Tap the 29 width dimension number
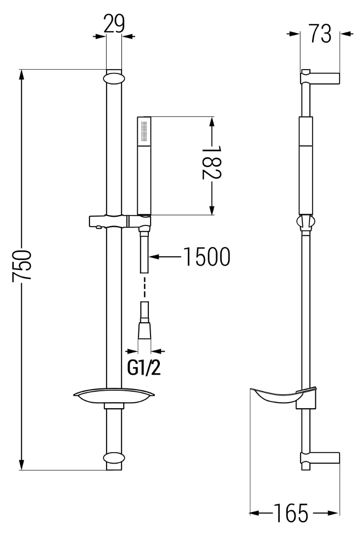114,24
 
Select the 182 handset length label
212,162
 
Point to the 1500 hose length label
207,257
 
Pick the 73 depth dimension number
320,33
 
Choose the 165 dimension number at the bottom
291,513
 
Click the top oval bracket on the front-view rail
114,78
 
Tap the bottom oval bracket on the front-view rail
114,461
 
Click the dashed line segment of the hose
145,287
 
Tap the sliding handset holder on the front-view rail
120,221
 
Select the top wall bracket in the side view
320,77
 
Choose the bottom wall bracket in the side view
320,459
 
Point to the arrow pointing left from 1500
165,257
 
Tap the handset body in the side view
306,166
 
